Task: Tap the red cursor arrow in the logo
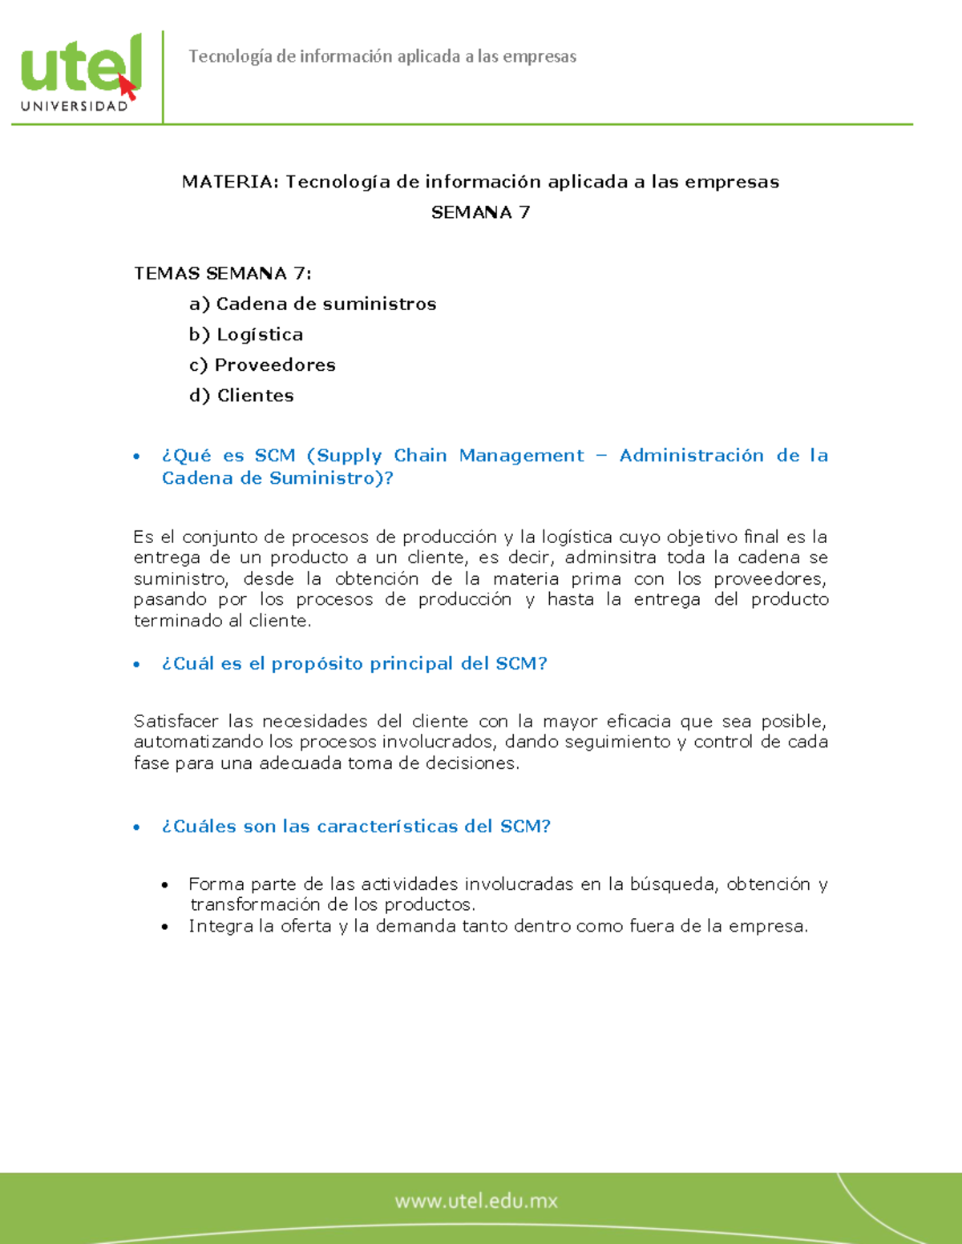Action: pos(127,87)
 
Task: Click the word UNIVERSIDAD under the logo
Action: pos(75,107)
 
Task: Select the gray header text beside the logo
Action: pos(382,56)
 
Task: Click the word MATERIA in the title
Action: pos(230,182)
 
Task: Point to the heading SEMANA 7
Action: pos(480,212)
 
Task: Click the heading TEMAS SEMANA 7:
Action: pos(222,273)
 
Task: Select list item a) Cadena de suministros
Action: pos(313,304)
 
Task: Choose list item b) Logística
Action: pos(246,334)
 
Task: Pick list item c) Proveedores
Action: pos(262,364)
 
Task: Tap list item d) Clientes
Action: pos(241,395)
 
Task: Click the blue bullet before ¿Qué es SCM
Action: pos(136,457)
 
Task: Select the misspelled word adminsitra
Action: pos(610,558)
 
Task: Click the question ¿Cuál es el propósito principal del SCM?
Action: pos(354,663)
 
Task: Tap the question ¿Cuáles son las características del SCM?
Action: pos(356,826)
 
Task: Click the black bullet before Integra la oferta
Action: pos(164,928)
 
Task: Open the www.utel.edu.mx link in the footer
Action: pos(475,1201)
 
